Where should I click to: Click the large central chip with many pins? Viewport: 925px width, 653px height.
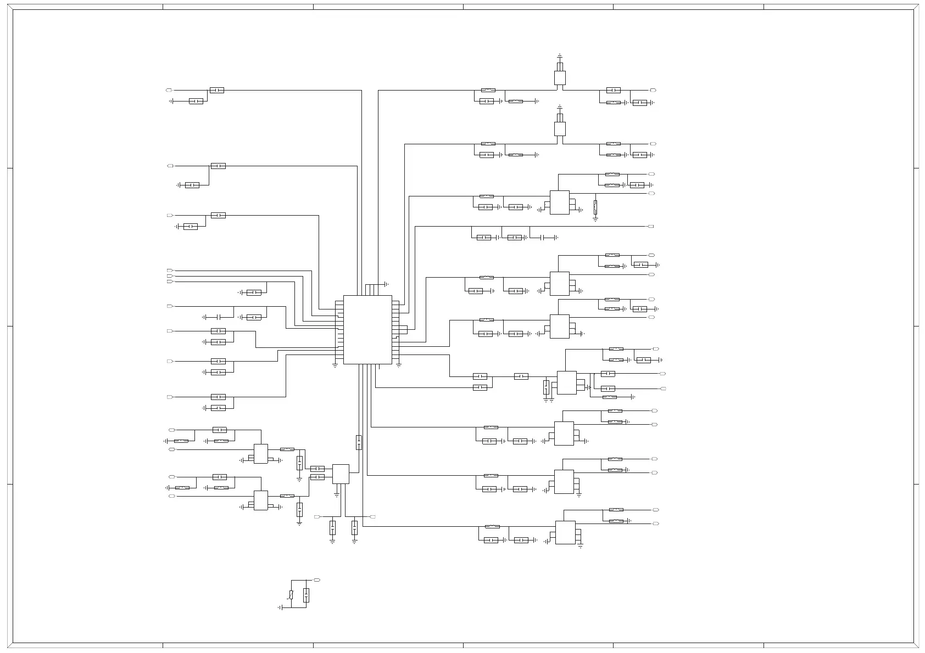point(367,329)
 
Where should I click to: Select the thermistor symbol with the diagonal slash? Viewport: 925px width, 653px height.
point(291,595)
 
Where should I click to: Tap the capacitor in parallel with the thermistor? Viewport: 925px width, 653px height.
point(306,595)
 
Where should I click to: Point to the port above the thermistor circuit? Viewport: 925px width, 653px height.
point(316,580)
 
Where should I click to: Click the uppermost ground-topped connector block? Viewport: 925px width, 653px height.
point(560,77)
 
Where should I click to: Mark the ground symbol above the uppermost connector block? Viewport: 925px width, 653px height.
point(560,55)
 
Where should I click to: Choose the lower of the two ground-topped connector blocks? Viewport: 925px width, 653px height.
point(560,128)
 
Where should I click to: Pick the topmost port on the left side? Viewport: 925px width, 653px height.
point(169,90)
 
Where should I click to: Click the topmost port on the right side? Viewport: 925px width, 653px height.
point(653,90)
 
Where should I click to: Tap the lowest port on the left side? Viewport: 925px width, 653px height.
point(172,496)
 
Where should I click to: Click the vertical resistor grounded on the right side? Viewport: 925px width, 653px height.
point(595,207)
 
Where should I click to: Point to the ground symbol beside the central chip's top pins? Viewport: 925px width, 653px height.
point(387,284)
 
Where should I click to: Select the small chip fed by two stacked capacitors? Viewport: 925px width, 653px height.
point(341,474)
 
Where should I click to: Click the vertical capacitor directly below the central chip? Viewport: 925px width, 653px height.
point(359,442)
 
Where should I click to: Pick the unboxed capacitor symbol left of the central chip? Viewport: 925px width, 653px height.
point(219,317)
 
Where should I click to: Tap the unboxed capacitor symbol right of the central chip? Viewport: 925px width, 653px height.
point(549,238)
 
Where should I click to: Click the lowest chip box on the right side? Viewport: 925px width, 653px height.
point(565,532)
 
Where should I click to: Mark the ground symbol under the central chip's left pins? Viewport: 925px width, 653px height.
point(335,365)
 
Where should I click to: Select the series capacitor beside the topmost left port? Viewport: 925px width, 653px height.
point(217,90)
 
